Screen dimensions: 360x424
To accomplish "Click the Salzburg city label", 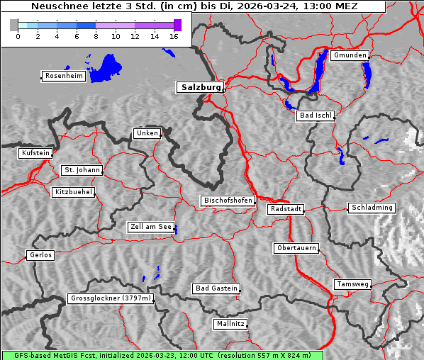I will coord(200,87).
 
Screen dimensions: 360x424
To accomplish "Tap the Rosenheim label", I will coord(63,76).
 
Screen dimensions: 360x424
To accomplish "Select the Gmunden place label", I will coord(350,55).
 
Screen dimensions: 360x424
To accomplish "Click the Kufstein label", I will coord(35,153).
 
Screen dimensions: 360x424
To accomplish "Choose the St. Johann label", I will coord(82,170).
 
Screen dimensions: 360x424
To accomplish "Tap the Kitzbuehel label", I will coord(73,192).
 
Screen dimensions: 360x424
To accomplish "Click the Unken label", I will coord(147,133).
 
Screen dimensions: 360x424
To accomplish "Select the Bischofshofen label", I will coord(228,201).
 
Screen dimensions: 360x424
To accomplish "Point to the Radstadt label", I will coord(286,209).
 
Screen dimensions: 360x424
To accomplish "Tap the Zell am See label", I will coord(151,227).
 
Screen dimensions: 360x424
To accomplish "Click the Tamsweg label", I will coord(352,284).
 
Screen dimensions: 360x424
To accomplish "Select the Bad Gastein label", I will coord(216,288).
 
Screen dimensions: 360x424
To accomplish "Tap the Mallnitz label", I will coord(230,324).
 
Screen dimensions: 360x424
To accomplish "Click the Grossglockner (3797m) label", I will coord(111,298).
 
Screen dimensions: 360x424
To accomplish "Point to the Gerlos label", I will coord(40,255).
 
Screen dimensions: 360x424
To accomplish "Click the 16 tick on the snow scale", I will coord(173,36).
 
